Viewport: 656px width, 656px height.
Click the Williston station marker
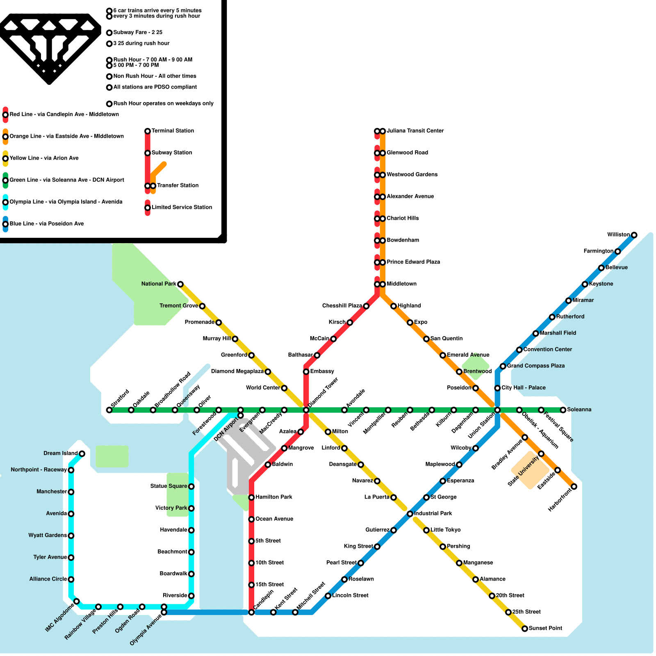coord(634,235)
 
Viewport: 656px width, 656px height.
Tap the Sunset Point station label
coord(545,628)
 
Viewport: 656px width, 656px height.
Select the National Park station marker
coord(180,284)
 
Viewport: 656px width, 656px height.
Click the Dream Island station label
coord(60,453)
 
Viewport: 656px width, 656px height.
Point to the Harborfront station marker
coord(574,487)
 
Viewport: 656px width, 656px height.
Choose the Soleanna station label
coord(579,410)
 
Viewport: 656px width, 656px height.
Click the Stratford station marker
coord(109,410)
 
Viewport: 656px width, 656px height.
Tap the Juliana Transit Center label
coord(415,131)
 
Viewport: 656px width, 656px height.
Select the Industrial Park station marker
coord(410,514)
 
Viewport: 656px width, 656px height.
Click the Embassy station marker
coord(306,371)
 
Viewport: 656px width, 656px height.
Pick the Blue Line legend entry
coord(46,223)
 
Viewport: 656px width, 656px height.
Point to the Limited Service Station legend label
coord(182,207)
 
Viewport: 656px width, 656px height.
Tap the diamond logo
coord(49,47)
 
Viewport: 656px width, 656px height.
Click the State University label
coord(523,471)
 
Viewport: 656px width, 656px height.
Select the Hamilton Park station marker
coord(251,497)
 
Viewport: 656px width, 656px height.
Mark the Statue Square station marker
coord(191,486)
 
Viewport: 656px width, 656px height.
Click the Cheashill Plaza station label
coord(342,306)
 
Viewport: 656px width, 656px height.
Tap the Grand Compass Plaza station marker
coord(503,366)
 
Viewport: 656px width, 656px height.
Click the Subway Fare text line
coord(138,32)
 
